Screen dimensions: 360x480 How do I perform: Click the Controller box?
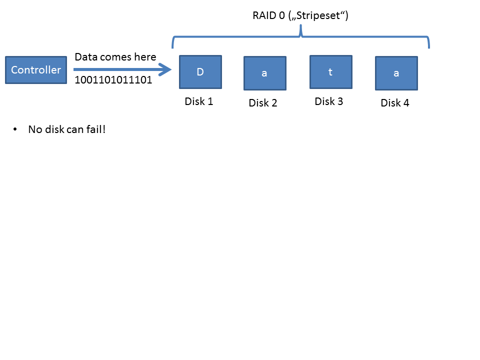coord(35,70)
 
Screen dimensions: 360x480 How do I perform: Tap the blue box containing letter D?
coord(200,71)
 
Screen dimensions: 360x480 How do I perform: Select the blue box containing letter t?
coord(330,71)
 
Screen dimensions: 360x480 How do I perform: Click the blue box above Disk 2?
coord(265,73)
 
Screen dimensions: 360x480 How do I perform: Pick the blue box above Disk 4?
coord(396,73)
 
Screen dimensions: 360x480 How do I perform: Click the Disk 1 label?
coord(199,101)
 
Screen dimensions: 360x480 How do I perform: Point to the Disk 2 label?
coord(263,103)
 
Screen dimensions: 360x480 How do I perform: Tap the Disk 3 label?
coord(328,101)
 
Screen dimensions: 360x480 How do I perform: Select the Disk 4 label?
coord(395,103)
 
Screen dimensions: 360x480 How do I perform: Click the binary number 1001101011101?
coord(113,79)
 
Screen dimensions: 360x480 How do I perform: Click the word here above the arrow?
coord(145,57)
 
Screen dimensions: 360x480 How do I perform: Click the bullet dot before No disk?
coord(15,130)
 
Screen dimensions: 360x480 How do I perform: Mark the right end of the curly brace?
coord(429,46)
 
